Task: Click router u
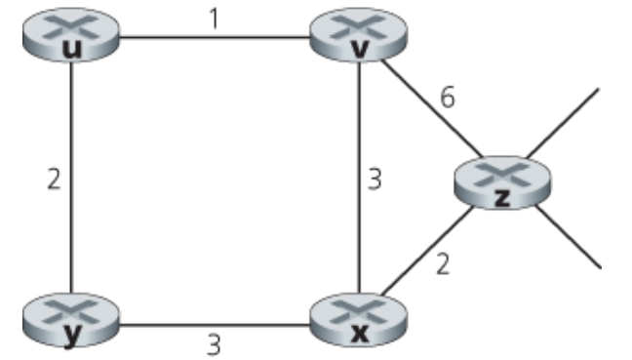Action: click(x=68, y=37)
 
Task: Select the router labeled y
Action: click(x=68, y=318)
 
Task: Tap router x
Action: click(x=359, y=318)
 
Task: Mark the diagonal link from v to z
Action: click(x=429, y=107)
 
